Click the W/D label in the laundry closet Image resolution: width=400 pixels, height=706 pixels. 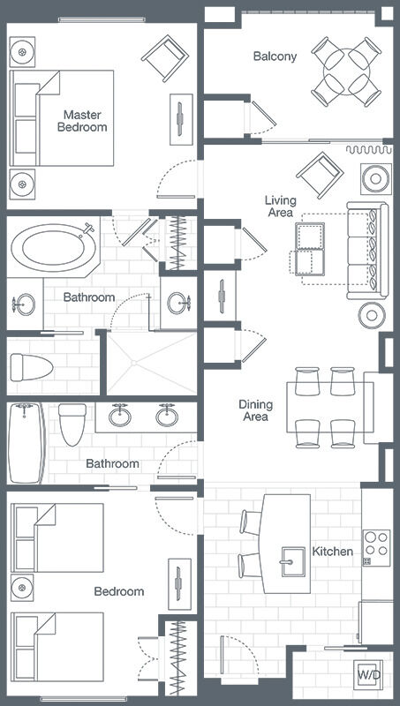coord(369,674)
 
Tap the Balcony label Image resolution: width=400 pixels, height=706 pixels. coord(275,56)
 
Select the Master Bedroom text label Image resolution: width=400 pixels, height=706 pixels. coord(82,121)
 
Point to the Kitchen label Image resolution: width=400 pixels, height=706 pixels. coord(332,551)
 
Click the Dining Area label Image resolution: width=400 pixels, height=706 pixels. coord(255,410)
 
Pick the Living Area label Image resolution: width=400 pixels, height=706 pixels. coord(281,206)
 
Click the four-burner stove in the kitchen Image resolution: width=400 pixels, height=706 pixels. coord(376,547)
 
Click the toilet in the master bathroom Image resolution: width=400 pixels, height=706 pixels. coord(32,367)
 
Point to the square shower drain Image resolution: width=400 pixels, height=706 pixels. coord(134,362)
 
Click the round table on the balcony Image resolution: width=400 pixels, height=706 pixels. coord(346,71)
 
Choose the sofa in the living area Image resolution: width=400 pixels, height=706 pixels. coord(367,251)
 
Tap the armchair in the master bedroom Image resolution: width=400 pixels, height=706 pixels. coord(165,58)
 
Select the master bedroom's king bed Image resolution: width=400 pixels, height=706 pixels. coord(62,118)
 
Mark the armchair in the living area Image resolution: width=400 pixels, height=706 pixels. coord(320,175)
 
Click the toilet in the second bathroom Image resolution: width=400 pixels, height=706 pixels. coord(72,424)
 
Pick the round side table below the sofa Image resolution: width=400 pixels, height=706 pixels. coord(372,315)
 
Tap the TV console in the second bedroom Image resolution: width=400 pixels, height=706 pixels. coord(180,584)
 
